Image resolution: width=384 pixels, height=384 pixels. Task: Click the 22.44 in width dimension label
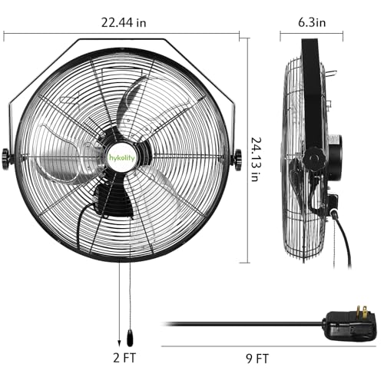pyautogui.click(x=119, y=22)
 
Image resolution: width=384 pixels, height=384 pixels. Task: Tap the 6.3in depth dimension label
pyautogui.click(x=313, y=22)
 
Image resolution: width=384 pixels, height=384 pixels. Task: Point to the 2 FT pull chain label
pyautogui.click(x=122, y=356)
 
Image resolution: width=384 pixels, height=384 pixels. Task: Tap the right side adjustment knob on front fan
pyautogui.click(x=237, y=159)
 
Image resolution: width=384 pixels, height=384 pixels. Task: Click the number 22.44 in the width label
pyautogui.click(x=112, y=22)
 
